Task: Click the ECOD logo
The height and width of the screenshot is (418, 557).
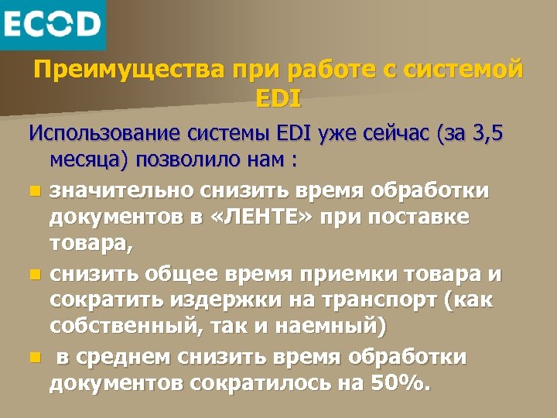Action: [52, 24]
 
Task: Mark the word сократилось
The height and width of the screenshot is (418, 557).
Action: [271, 384]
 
